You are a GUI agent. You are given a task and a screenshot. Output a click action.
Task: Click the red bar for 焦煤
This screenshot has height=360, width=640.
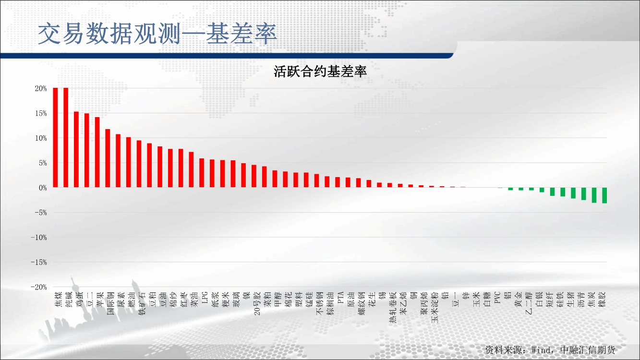[55, 138]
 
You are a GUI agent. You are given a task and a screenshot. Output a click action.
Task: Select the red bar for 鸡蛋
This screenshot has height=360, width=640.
[76, 149]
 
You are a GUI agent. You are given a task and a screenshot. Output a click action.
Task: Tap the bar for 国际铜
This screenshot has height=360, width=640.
[108, 158]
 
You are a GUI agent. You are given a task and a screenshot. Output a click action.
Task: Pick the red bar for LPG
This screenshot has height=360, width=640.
[202, 173]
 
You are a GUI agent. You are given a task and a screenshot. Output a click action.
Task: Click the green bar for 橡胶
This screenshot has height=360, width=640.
[604, 195]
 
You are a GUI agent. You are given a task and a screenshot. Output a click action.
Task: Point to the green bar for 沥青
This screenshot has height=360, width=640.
[584, 194]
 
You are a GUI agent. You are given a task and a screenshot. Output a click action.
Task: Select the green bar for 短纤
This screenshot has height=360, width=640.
[552, 192]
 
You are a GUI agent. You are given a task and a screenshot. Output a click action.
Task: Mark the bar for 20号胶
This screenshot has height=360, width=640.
[254, 176]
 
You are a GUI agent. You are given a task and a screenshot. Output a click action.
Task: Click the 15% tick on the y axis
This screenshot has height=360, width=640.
[41, 113]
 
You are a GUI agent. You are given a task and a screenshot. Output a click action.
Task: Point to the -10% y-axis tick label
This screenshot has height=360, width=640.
[39, 238]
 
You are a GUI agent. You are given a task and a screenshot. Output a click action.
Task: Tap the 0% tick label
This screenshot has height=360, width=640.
[43, 188]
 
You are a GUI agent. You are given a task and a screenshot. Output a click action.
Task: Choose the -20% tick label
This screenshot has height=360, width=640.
[39, 287]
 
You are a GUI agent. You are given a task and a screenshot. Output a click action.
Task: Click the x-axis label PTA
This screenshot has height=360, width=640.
[340, 298]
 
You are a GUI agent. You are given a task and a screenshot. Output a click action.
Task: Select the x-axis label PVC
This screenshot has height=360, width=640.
[497, 298]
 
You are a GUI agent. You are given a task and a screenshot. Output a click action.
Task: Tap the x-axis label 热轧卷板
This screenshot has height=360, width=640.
[393, 307]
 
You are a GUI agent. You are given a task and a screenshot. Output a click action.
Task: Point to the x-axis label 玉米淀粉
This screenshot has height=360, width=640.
[435, 307]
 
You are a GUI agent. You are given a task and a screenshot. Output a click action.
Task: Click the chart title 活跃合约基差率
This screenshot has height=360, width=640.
[320, 71]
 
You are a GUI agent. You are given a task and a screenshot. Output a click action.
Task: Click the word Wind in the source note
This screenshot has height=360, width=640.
[542, 350]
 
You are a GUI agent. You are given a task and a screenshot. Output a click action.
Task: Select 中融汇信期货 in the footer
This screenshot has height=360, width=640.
[588, 350]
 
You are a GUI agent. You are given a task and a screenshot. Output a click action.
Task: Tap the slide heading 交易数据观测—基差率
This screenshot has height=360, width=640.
[157, 34]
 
